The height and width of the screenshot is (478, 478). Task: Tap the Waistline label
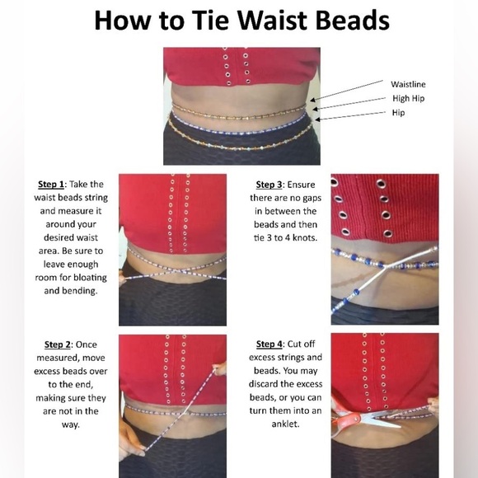pos(408,84)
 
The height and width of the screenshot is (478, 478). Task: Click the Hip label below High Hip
pos(399,112)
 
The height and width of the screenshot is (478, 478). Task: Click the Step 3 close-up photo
pos(384,249)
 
